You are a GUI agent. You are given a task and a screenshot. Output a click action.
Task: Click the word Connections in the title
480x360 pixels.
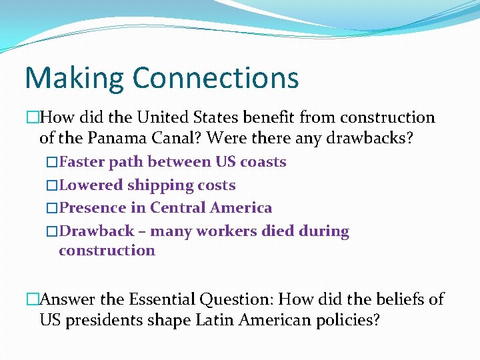(215, 77)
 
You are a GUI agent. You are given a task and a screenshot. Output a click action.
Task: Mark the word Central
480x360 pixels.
(178, 208)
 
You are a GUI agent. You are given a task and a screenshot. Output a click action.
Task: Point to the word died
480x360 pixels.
(288, 231)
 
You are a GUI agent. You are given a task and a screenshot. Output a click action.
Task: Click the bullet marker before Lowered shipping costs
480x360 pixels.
(53, 185)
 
